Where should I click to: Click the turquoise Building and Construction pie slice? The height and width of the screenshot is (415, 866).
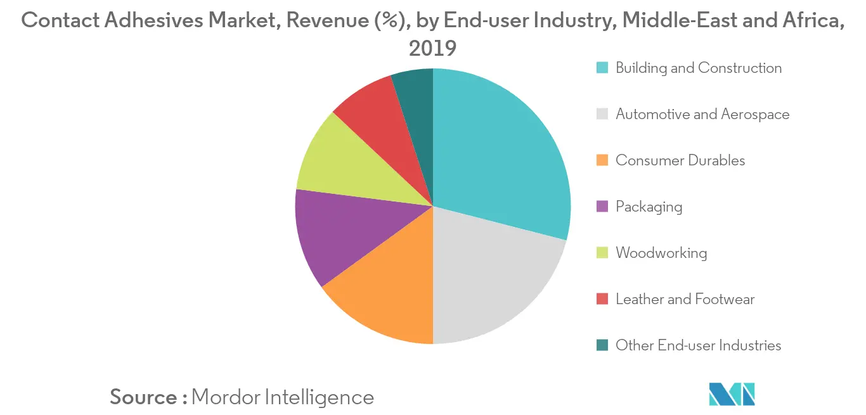(x=501, y=152)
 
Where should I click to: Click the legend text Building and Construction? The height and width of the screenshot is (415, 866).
(x=699, y=68)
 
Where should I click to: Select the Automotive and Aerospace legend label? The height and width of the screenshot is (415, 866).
(x=702, y=114)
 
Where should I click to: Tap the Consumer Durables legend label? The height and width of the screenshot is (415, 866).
(x=680, y=160)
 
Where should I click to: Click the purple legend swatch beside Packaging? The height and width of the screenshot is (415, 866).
(x=603, y=207)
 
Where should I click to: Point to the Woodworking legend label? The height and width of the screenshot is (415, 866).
(x=661, y=253)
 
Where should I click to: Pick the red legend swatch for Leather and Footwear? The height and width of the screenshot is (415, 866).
(x=603, y=299)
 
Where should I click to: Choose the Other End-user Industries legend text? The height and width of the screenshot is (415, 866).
(x=698, y=345)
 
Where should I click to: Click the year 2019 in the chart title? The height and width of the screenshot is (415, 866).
(x=433, y=48)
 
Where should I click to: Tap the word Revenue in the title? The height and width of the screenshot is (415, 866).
(x=313, y=21)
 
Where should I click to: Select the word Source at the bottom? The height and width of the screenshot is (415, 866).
(x=143, y=397)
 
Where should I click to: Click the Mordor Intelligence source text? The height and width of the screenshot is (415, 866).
(x=282, y=397)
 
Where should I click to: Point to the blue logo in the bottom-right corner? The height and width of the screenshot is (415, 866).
(x=732, y=393)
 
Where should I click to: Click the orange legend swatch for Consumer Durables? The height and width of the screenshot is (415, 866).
(x=603, y=160)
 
